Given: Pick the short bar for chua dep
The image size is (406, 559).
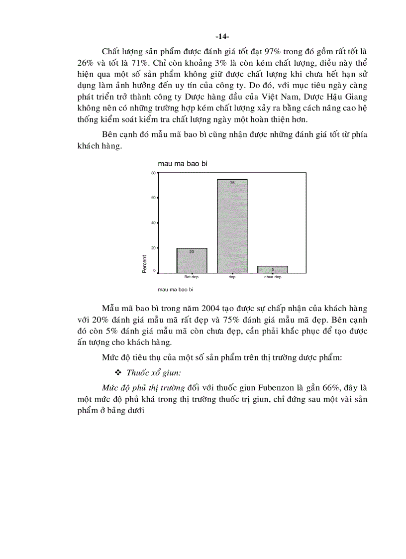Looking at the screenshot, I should [272, 269].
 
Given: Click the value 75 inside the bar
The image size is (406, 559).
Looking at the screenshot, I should [232, 183].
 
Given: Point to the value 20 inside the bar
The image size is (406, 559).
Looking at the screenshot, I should [192, 252].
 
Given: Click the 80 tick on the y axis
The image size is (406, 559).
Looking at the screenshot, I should [154, 173].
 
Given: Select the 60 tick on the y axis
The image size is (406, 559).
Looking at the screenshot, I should [154, 198].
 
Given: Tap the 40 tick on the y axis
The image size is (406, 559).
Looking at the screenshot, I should [154, 223].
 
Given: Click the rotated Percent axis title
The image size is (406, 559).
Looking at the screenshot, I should [145, 264].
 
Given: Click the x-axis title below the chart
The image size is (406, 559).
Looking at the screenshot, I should [175, 289].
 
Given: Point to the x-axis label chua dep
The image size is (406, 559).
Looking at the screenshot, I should [272, 277].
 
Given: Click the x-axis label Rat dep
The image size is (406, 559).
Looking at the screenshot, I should [192, 277].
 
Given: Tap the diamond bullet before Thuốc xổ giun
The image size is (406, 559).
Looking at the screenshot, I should [118, 373].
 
